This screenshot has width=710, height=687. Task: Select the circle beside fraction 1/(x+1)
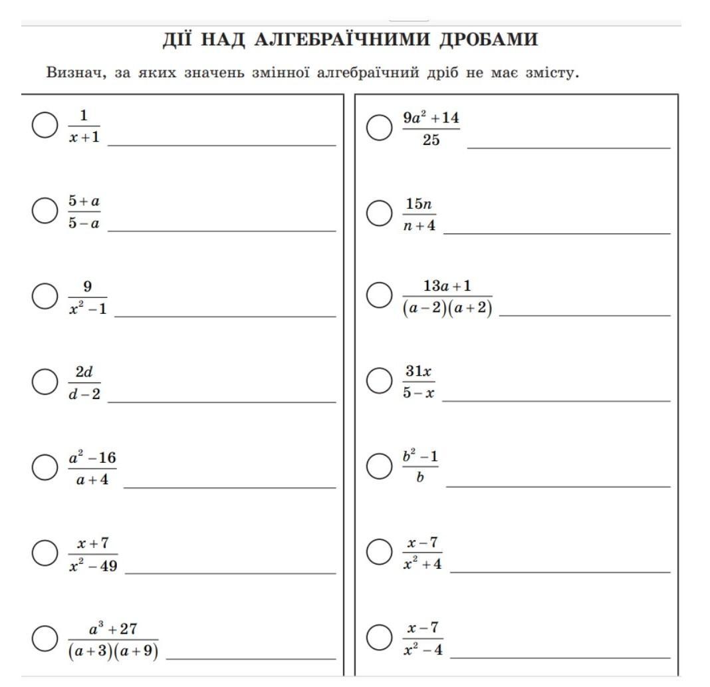point(45,126)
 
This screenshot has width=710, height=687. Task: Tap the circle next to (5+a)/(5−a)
point(45,211)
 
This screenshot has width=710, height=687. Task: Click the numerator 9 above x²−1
point(87,287)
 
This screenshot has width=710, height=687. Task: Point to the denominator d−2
point(84,394)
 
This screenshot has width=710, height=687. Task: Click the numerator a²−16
point(92,458)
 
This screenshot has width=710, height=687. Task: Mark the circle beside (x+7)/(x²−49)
point(45,553)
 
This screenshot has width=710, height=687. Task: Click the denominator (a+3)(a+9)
point(113,652)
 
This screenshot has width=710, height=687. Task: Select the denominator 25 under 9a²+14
point(431,140)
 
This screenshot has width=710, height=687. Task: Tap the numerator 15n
point(419,204)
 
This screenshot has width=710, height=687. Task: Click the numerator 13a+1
point(447,286)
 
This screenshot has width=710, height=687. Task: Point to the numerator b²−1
point(420,458)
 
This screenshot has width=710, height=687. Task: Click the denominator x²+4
point(422,565)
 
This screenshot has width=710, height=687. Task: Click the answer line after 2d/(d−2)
point(221,401)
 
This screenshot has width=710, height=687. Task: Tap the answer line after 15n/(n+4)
point(556,233)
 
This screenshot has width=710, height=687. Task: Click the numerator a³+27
point(113,629)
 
